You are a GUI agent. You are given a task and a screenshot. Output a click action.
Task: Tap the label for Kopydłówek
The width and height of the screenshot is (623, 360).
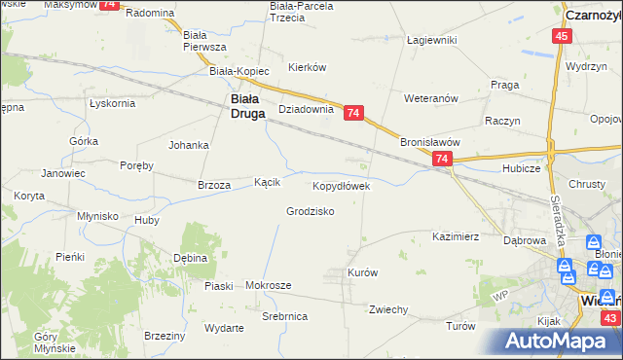[x=340, y=185]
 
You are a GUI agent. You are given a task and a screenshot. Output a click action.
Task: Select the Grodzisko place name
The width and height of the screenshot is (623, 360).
[x=311, y=211]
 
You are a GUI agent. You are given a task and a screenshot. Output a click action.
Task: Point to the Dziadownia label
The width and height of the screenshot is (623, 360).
[x=307, y=110]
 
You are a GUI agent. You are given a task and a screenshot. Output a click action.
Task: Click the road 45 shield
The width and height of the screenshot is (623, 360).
[x=562, y=36]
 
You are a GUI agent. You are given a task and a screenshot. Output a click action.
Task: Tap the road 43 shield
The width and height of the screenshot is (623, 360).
[x=610, y=318]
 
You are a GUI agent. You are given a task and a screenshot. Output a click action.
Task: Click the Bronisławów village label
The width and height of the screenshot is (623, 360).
[x=429, y=141]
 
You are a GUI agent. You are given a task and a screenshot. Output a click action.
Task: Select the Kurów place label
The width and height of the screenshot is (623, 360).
[x=362, y=272]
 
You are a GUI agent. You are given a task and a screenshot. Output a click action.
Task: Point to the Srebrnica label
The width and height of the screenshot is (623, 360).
[x=285, y=317]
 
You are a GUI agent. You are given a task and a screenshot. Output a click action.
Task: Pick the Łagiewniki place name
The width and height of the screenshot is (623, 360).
[x=432, y=40]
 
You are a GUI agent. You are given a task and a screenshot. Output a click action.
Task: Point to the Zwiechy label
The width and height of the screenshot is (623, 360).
[x=387, y=309]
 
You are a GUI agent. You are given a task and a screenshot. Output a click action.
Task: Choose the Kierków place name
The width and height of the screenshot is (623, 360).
[x=307, y=67]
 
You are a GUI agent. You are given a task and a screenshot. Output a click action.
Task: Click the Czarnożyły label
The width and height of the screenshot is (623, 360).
[x=594, y=15]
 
